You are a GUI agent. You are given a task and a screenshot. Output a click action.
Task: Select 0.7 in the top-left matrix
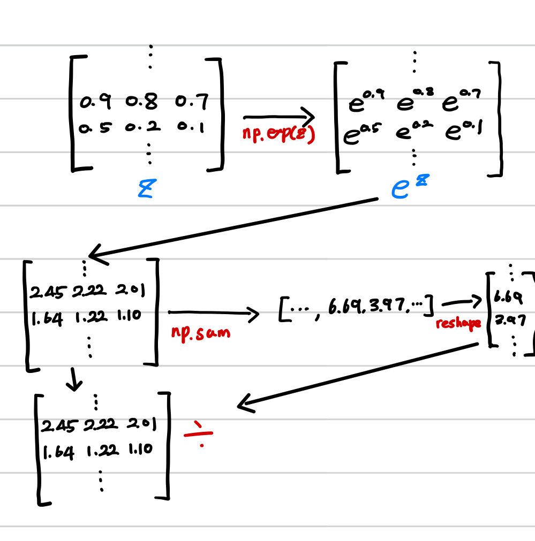[191, 101]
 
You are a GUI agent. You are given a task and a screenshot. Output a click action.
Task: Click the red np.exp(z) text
[278, 134]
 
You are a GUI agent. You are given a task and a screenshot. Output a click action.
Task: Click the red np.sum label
[200, 332]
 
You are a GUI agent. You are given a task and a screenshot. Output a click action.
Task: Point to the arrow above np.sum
[213, 314]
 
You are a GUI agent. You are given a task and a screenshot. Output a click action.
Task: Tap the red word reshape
[458, 323]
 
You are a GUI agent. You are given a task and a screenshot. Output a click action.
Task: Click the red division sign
[199, 433]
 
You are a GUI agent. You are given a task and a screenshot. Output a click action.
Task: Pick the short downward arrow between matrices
[74, 379]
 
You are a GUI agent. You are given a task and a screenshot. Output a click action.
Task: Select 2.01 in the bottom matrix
[142, 424]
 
